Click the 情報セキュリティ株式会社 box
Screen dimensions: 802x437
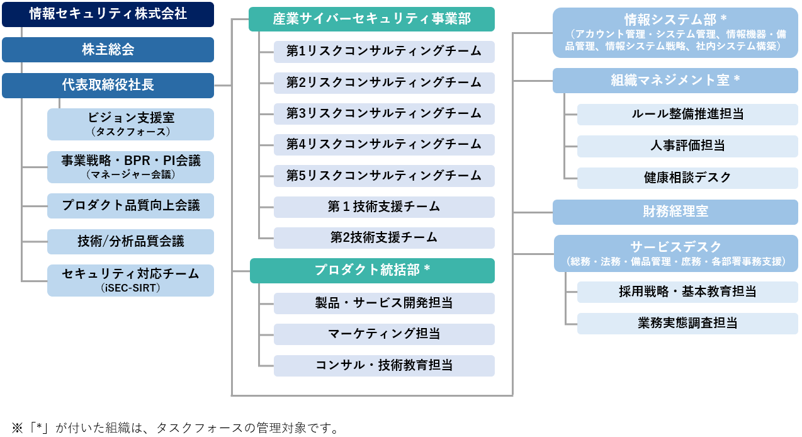click(108, 14)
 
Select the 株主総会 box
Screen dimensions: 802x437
click(108, 50)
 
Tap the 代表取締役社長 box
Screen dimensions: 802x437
click(108, 85)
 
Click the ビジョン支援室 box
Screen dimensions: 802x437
click(130, 124)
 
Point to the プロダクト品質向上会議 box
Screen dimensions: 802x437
click(130, 206)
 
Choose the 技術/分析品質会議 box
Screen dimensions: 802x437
click(130, 242)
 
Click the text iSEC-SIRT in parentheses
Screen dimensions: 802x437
click(130, 288)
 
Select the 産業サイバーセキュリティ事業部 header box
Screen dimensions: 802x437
click(371, 19)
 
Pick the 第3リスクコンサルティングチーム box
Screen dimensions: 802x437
click(384, 114)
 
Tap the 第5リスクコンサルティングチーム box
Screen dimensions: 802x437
click(384, 176)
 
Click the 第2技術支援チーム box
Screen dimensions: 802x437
click(384, 238)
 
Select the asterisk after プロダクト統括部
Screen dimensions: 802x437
click(427, 269)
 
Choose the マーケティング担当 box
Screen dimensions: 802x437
click(384, 334)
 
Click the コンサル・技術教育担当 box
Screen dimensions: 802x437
click(384, 366)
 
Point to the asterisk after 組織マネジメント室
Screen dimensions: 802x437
click(737, 79)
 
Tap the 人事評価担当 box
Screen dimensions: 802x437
click(687, 146)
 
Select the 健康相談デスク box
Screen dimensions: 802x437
click(687, 178)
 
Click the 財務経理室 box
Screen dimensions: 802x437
click(675, 212)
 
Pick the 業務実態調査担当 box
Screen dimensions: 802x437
click(687, 324)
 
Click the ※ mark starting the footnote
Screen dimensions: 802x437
click(18, 428)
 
